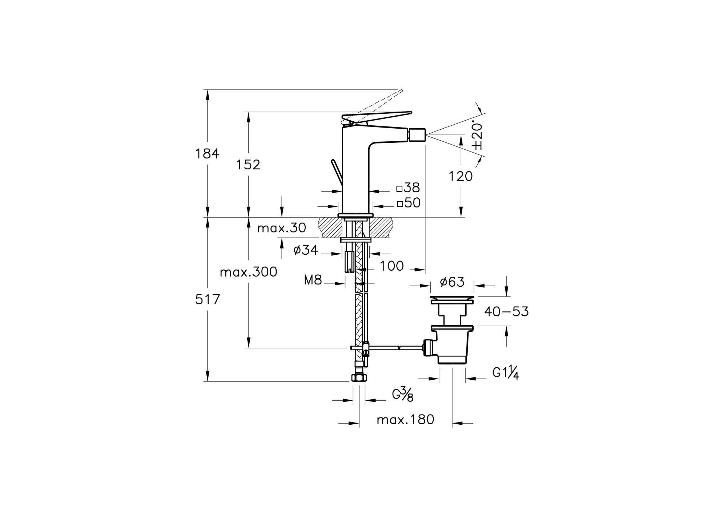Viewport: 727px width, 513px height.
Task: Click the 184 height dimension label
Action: [207, 154]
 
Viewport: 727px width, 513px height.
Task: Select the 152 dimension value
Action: [248, 165]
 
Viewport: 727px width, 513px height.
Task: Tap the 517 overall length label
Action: [208, 300]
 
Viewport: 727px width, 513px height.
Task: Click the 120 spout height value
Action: [461, 177]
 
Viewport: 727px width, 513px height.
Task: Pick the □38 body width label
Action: [408, 188]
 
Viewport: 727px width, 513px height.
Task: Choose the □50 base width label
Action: [408, 203]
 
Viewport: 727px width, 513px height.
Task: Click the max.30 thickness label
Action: [281, 228]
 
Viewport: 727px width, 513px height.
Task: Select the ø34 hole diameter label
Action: [305, 250]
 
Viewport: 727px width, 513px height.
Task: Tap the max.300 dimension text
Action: [249, 272]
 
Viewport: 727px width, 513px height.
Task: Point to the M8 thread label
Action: [313, 280]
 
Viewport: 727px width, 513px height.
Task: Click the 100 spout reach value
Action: [391, 266]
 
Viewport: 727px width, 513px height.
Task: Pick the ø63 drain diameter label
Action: [452, 282]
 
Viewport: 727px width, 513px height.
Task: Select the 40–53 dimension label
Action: [506, 311]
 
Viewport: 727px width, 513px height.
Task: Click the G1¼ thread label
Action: [506, 372]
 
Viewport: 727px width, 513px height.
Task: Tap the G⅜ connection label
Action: [402, 395]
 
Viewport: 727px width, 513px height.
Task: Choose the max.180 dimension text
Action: [405, 420]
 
